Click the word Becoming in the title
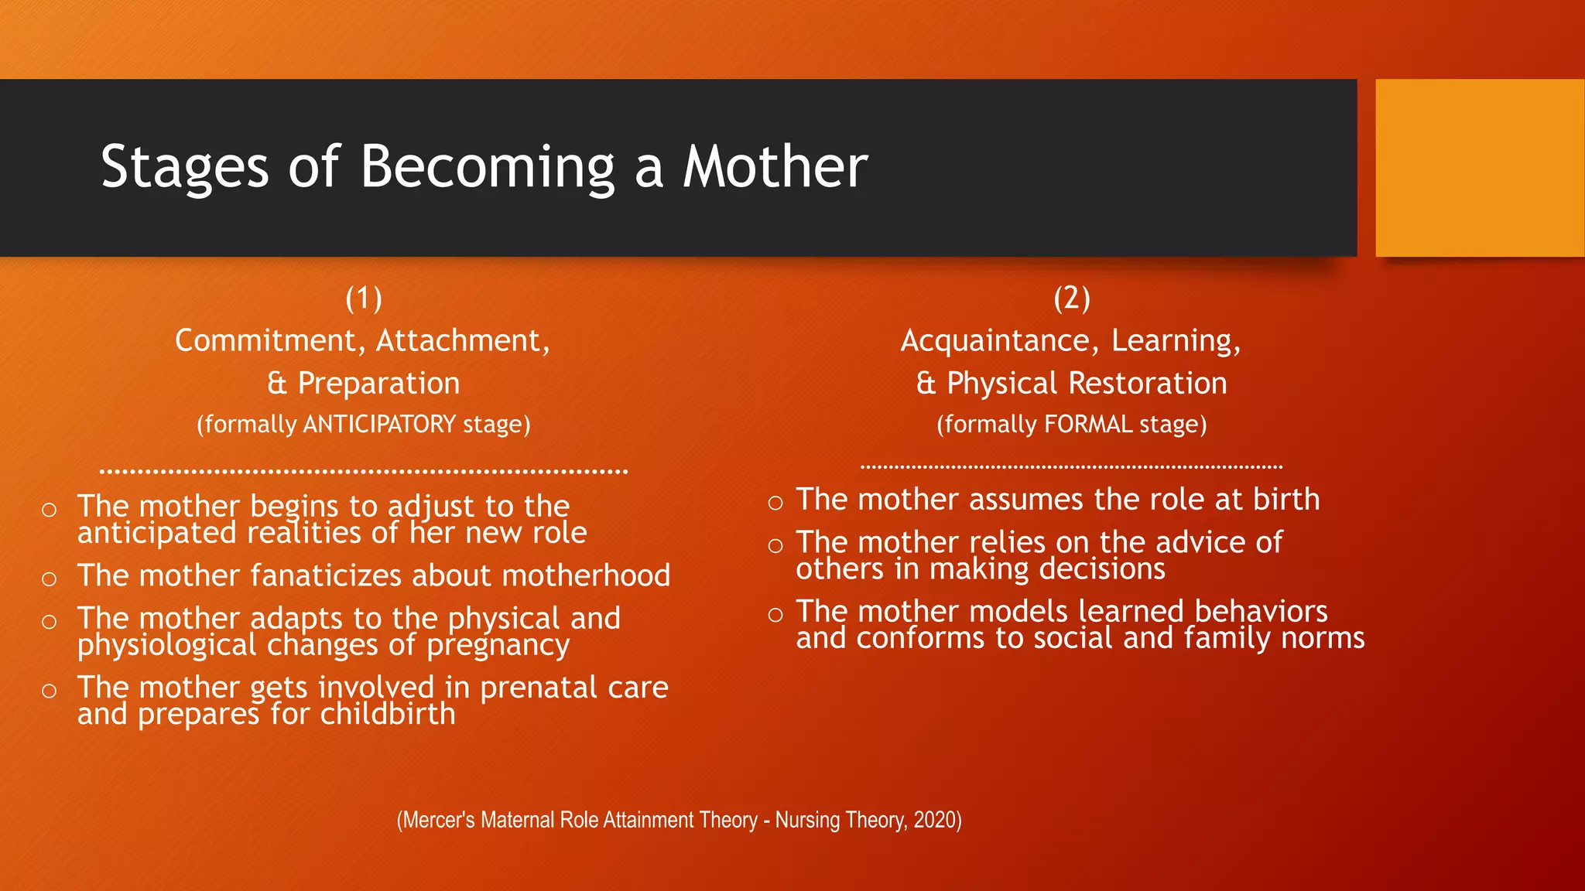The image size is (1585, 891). pyautogui.click(x=488, y=167)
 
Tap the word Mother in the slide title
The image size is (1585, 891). pyautogui.click(x=775, y=167)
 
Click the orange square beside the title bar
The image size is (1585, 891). pyautogui.click(x=1479, y=168)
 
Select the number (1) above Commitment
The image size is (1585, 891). pyautogui.click(x=364, y=299)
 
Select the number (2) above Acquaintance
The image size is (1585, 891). pyautogui.click(x=1072, y=299)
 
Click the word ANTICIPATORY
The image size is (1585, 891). pyautogui.click(x=379, y=425)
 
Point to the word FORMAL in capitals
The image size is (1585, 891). pyautogui.click(x=1088, y=425)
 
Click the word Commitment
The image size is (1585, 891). pyautogui.click(x=265, y=341)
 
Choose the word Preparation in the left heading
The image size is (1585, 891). pyautogui.click(x=378, y=384)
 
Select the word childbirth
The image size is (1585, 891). pyautogui.click(x=388, y=714)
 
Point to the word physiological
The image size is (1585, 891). pyautogui.click(x=166, y=645)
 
